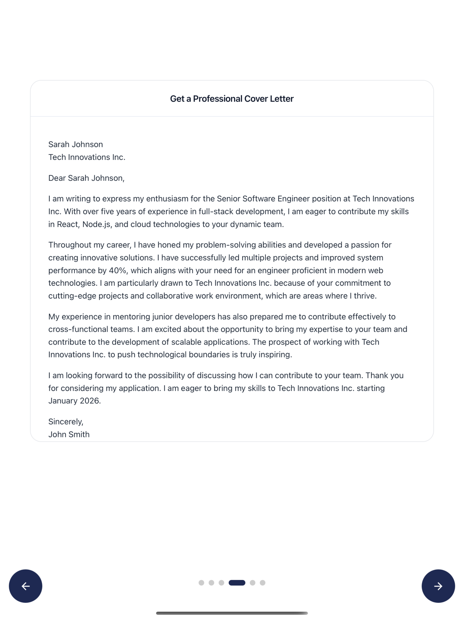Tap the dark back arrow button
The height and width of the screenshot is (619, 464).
tap(25, 586)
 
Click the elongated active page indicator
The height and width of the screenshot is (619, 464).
tap(237, 583)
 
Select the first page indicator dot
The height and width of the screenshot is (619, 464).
tap(201, 583)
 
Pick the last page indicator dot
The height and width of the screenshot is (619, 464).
tap(262, 583)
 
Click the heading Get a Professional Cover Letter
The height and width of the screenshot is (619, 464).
tap(232, 99)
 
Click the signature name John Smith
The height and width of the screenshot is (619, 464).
tap(69, 434)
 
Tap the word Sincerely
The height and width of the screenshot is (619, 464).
tap(65, 422)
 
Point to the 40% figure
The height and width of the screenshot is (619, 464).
tap(118, 270)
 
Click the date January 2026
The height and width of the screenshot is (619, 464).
tap(74, 401)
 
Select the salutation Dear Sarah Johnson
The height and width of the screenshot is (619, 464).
tap(86, 178)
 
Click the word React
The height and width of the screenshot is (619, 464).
tap(67, 224)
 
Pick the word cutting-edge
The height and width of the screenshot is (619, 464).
tap(72, 296)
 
